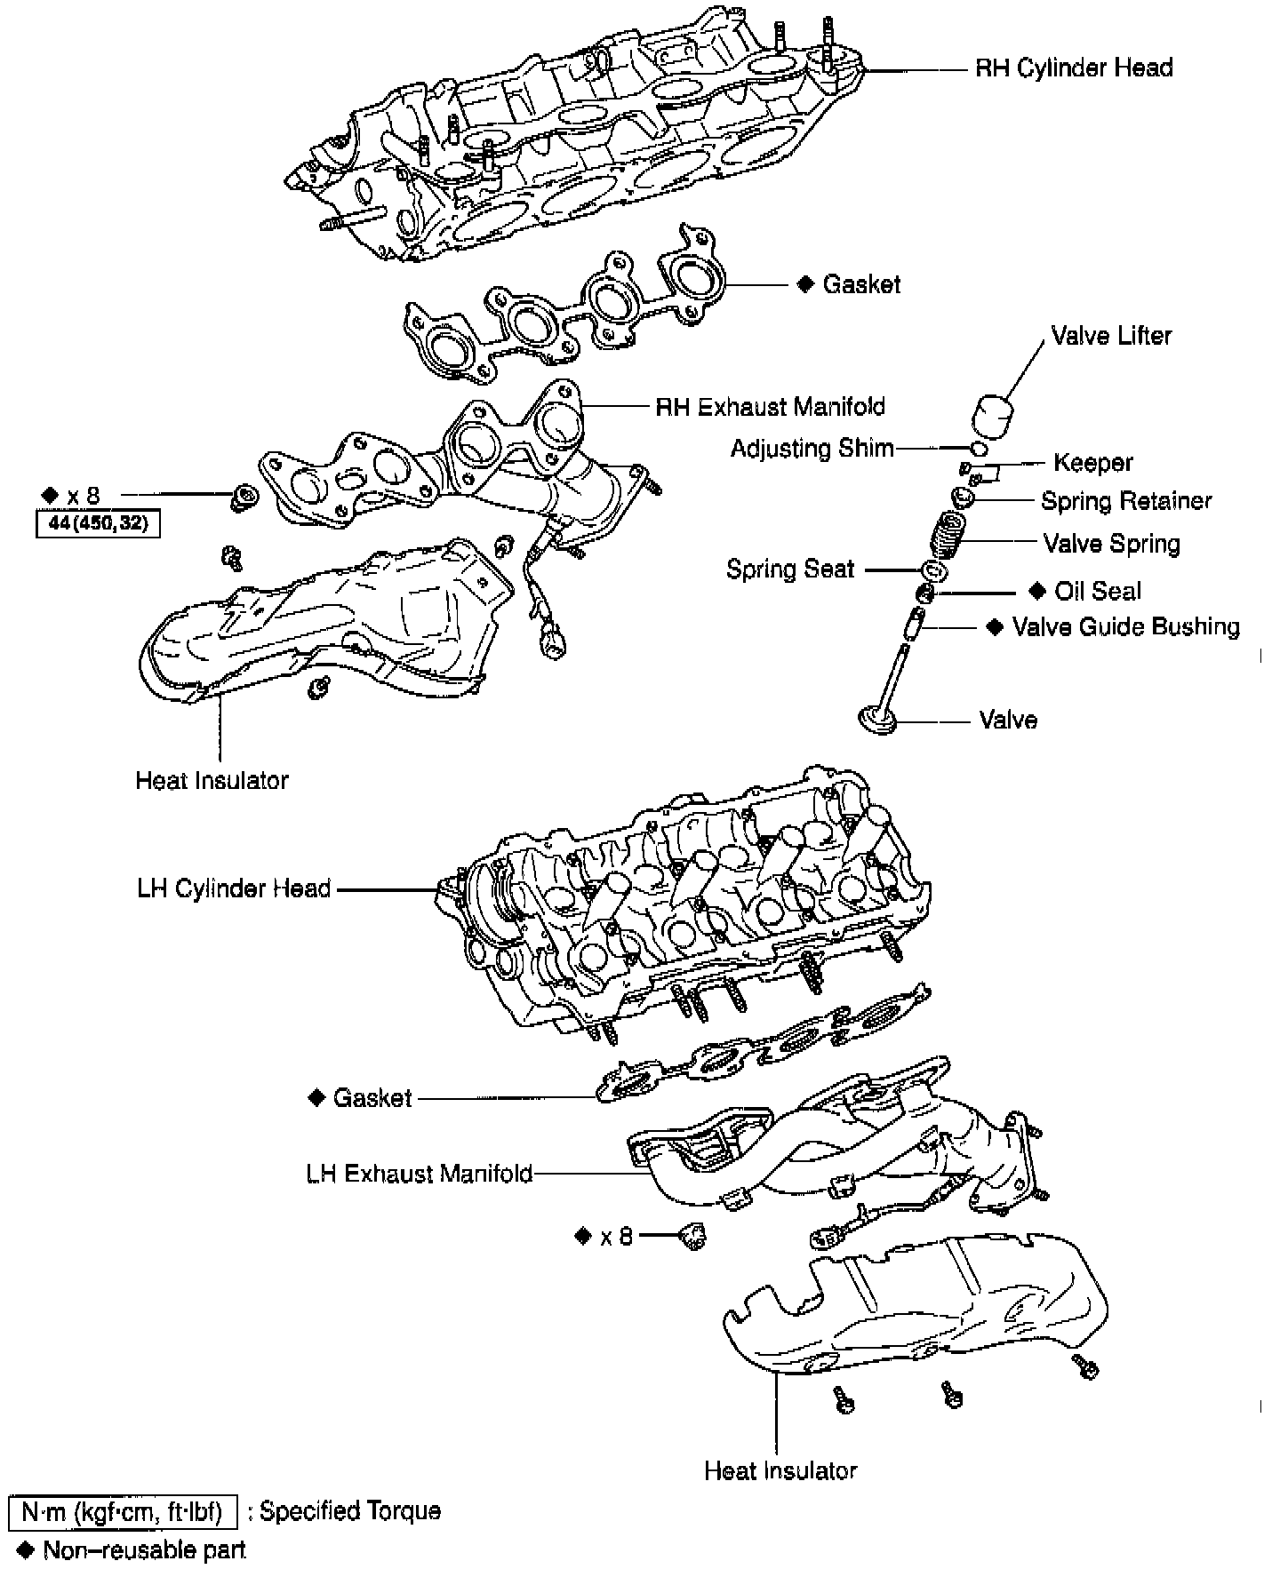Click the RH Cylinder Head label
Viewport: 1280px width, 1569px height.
pos(1074,68)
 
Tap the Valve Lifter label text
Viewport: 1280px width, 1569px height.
pos(1111,336)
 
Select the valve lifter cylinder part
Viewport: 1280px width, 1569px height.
pos(994,417)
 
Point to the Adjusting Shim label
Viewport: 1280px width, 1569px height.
pos(812,448)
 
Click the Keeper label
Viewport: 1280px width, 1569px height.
pos(1092,463)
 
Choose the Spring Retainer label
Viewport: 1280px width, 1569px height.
pos(1126,501)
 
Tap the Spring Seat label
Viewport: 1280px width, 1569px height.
pos(790,569)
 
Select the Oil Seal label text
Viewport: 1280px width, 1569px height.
pos(1098,592)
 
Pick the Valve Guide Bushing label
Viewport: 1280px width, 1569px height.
pos(1125,627)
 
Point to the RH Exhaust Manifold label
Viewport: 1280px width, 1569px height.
pos(770,407)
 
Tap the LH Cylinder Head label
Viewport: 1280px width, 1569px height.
pos(234,888)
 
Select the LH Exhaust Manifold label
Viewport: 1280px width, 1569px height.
pos(419,1174)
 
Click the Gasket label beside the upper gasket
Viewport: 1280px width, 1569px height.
pos(861,285)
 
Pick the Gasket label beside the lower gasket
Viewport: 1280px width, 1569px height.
pos(372,1098)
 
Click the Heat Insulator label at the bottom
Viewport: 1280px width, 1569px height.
pos(780,1470)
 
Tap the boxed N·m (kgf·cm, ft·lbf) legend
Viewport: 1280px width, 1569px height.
pos(122,1511)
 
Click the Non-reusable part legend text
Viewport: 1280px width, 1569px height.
pos(144,1550)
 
